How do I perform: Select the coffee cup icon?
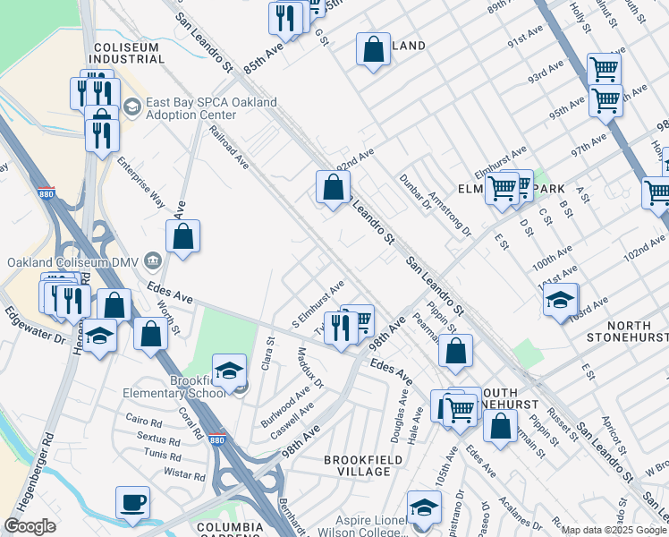click(133, 503)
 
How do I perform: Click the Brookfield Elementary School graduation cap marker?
click(229, 371)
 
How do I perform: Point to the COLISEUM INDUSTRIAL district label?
click(129, 53)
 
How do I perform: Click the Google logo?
click(30, 526)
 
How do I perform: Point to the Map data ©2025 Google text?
click(614, 530)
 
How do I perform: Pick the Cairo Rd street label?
click(143, 419)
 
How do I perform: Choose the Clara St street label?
click(267, 354)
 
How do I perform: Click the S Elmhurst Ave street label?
click(318, 303)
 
